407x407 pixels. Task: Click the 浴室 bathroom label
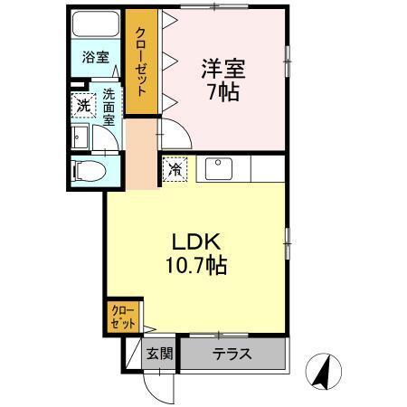pos(95,57)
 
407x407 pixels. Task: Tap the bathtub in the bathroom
pos(96,24)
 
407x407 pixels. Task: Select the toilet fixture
pos(89,171)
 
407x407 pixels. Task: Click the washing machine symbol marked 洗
pos(83,105)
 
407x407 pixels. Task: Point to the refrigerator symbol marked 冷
pos(175,169)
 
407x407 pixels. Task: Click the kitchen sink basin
pos(219,169)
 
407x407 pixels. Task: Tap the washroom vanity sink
pos(80,137)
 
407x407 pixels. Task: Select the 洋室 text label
pos(223,69)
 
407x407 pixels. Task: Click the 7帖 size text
pos(223,92)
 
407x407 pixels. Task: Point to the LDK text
pos(196,241)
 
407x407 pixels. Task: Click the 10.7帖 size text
pos(196,265)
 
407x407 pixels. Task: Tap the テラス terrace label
pos(232,354)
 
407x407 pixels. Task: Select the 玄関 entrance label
pos(159,354)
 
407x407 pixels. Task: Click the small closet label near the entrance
pos(123,317)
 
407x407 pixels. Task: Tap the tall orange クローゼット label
pos(140,62)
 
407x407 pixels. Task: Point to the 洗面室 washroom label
pos(109,108)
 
